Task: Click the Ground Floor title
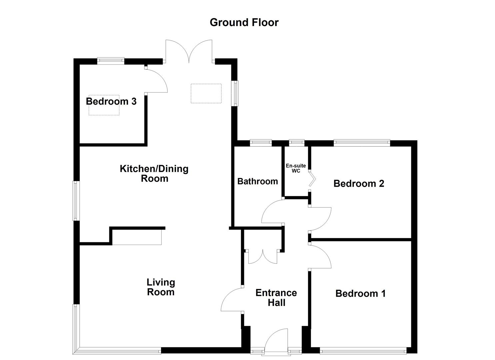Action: click(244, 22)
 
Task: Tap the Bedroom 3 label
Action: click(111, 101)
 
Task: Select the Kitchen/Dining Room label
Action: click(154, 173)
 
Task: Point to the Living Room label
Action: click(161, 287)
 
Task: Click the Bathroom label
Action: click(257, 181)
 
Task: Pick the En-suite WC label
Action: click(296, 168)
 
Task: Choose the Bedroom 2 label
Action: click(359, 183)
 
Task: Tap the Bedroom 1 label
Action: click(360, 293)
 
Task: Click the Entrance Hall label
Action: click(276, 298)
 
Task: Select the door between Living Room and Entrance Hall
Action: click(232, 300)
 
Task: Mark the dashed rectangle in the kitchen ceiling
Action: click(206, 94)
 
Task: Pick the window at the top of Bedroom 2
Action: click(362, 143)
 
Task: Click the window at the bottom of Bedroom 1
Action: click(363, 350)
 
